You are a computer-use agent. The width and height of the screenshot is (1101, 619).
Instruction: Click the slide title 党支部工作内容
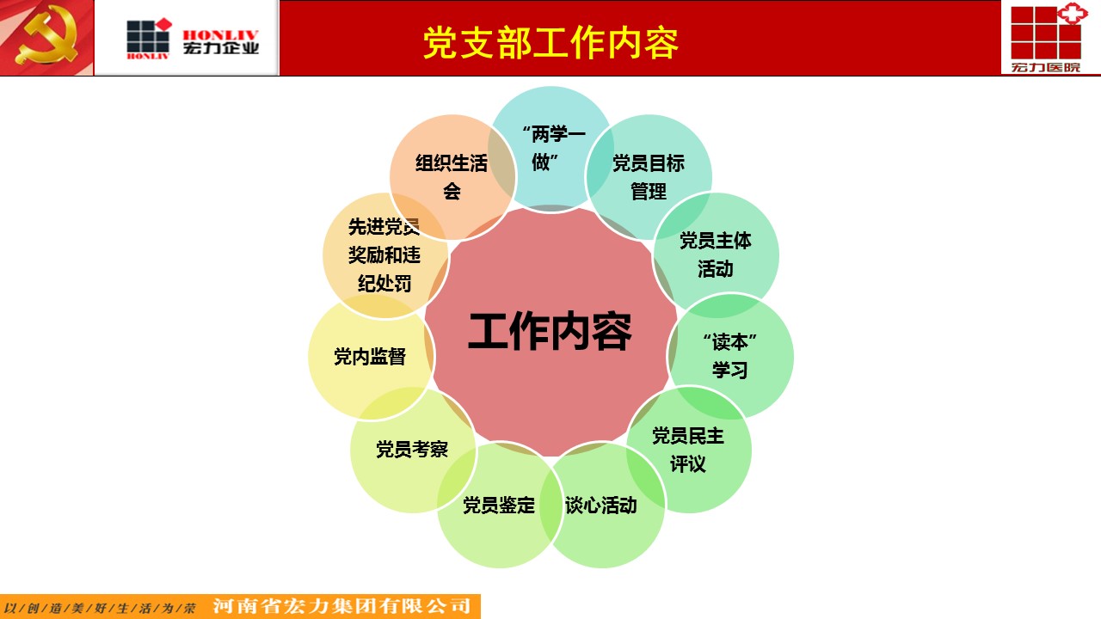550,43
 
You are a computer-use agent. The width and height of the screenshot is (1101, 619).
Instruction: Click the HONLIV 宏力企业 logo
192,39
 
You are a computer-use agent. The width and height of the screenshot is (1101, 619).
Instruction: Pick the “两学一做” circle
551,149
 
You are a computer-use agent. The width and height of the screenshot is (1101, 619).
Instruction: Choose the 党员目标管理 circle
649,177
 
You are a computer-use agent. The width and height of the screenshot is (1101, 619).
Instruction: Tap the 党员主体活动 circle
716,255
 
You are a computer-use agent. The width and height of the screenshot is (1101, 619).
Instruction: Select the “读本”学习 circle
730,356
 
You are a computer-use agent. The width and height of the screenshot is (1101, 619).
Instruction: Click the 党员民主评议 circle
688,450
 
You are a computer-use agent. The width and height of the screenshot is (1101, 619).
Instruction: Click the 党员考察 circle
413,450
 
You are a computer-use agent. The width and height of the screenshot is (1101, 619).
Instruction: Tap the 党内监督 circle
371,356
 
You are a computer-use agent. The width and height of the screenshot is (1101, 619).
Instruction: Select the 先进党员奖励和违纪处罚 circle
385,255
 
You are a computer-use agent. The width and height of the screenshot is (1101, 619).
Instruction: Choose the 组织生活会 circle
452,177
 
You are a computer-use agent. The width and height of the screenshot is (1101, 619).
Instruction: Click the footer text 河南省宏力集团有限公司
342,606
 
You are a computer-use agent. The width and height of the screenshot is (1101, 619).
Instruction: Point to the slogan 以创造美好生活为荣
100,608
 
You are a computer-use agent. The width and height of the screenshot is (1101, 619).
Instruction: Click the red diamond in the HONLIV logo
163,24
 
